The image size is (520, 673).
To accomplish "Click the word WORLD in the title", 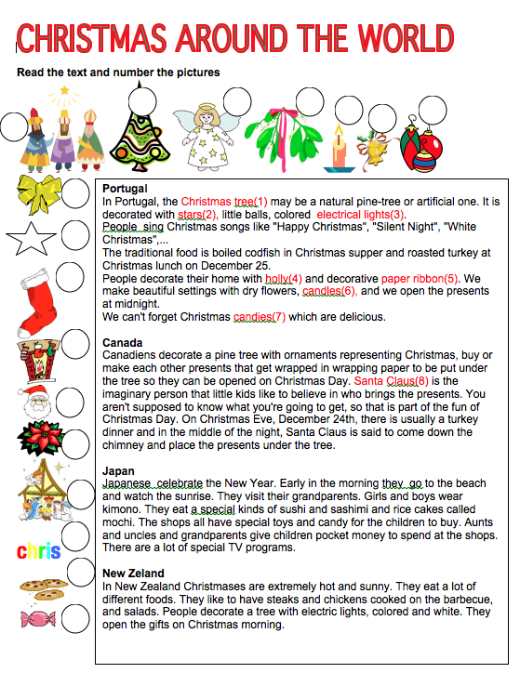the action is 436,40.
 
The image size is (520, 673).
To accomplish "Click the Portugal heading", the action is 126,189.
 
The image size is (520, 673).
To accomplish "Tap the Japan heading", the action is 119,470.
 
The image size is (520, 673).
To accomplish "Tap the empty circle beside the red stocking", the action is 75,284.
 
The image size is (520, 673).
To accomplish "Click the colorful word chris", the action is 38,551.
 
